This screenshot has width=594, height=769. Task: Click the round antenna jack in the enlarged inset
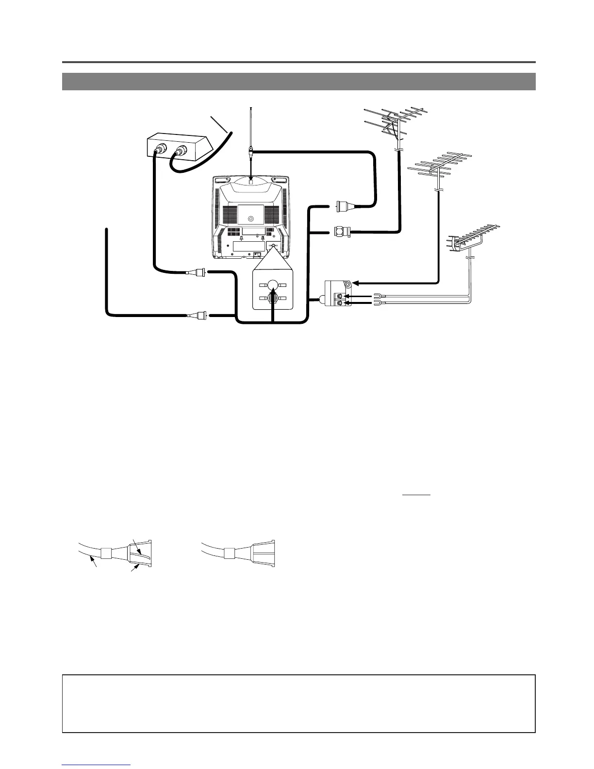coord(273,284)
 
